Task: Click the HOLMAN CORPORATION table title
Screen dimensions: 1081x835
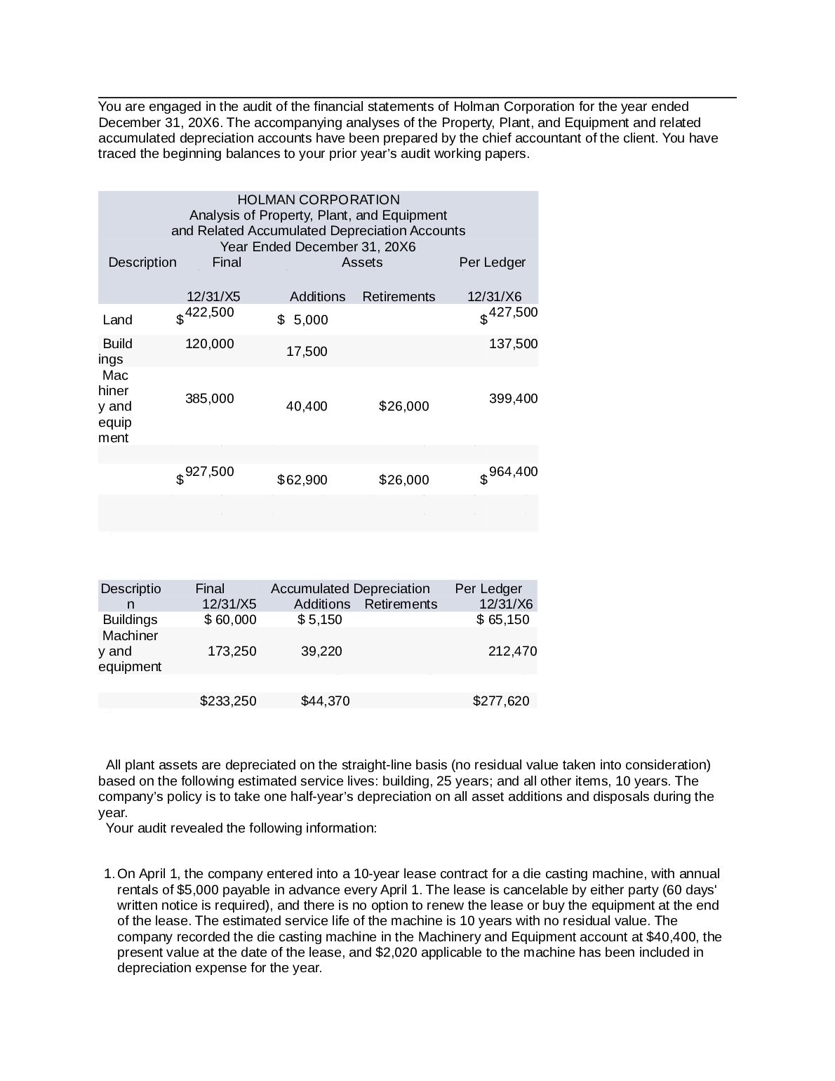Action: point(318,200)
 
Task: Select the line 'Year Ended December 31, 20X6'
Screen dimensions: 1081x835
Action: point(318,247)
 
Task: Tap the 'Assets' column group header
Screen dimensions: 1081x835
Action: point(361,263)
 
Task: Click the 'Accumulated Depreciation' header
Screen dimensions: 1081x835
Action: point(349,589)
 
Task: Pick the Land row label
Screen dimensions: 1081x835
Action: point(117,320)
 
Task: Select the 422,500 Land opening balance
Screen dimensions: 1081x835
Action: point(209,312)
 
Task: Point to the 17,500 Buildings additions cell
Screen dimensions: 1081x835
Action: point(307,352)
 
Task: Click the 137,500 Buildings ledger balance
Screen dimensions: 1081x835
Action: point(513,344)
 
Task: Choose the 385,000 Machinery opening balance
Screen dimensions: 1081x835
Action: point(209,399)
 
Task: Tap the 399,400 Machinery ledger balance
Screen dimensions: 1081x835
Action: point(513,399)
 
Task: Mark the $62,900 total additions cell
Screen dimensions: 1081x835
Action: point(302,480)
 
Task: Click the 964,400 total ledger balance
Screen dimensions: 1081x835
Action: point(513,472)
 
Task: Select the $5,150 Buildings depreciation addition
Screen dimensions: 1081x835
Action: point(320,620)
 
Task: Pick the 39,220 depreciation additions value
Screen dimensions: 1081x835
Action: point(321,651)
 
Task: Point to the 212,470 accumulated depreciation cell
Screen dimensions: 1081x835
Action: point(512,651)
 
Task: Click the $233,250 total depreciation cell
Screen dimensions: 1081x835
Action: point(228,701)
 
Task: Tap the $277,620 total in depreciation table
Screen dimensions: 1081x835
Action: point(501,701)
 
